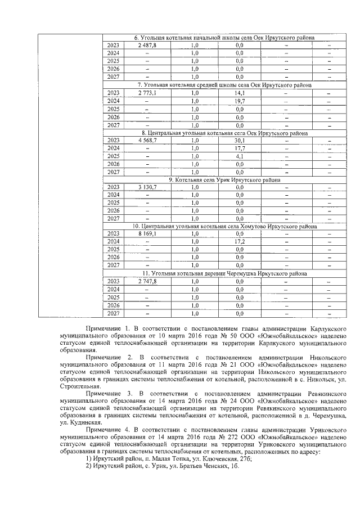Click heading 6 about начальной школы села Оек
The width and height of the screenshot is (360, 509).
point(224,38)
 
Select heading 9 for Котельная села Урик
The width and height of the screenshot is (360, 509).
point(224,180)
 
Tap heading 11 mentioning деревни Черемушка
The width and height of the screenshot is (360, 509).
point(224,274)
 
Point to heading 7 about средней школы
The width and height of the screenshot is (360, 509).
point(224,85)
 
